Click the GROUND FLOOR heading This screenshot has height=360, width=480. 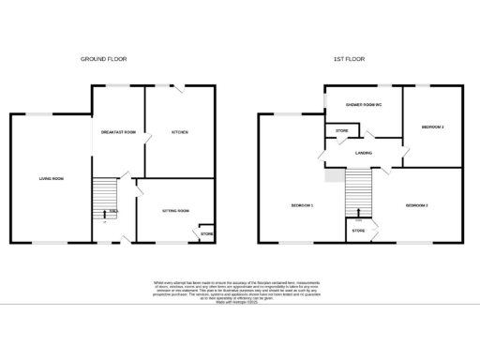[103, 59]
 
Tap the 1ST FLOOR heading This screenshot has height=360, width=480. [349, 59]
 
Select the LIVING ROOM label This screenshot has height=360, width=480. [51, 178]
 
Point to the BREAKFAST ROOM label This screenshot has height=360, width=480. [118, 132]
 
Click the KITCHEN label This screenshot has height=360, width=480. [179, 132]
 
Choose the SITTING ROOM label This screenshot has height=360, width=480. [176, 210]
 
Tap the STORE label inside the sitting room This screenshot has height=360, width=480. [206, 232]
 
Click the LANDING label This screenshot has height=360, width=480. [365, 151]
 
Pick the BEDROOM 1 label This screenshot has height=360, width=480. [301, 204]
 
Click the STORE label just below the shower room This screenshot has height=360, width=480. [342, 130]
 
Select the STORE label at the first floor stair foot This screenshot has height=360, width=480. [358, 230]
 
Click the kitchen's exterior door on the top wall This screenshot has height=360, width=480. [177, 87]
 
